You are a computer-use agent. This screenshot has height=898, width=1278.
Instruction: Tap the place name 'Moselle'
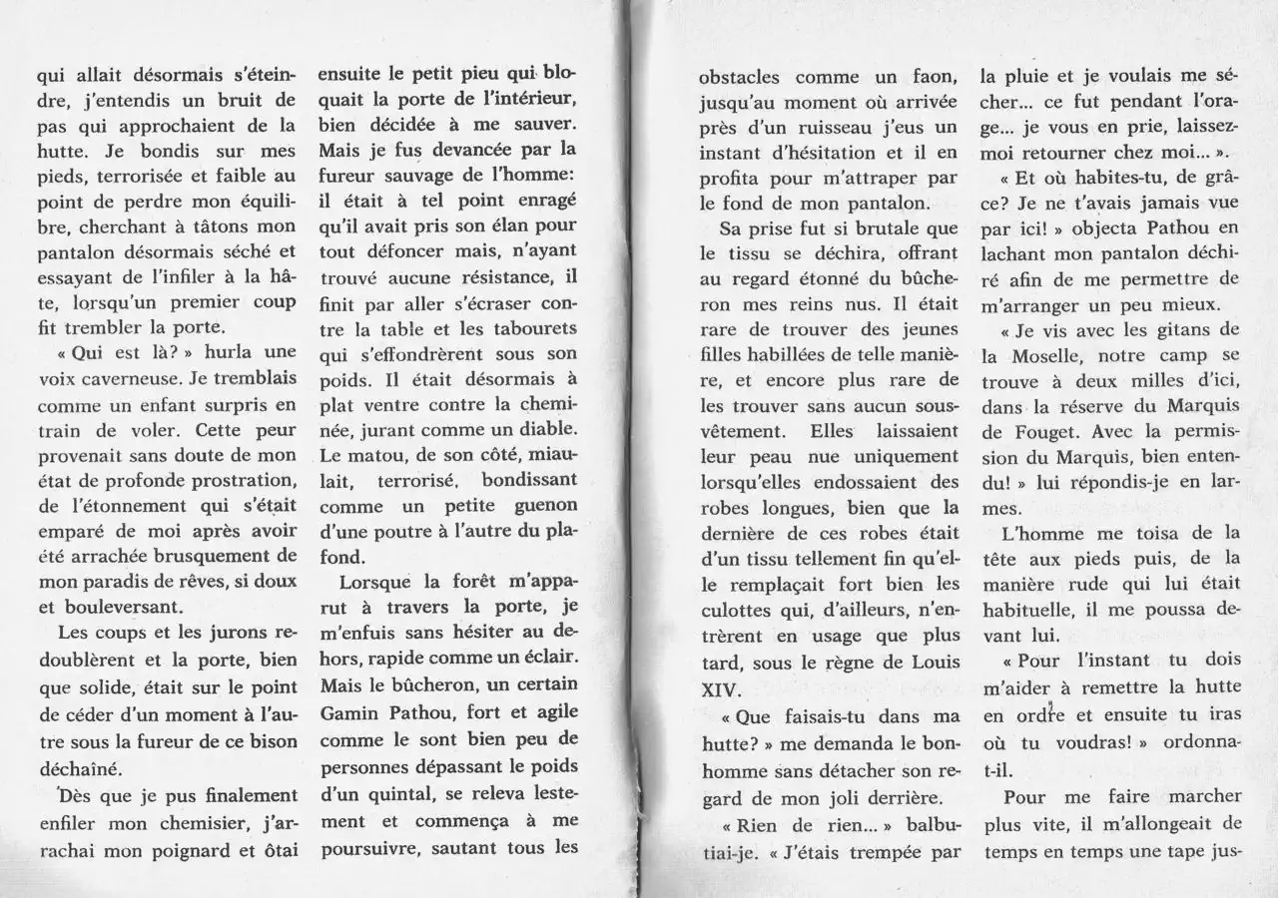point(1037,354)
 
